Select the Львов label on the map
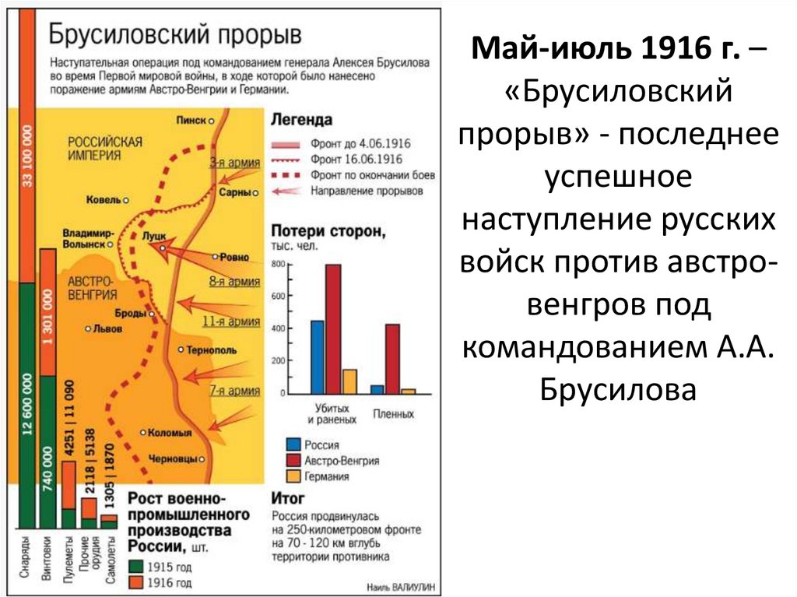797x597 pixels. (x=102, y=328)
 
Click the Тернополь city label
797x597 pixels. (x=211, y=350)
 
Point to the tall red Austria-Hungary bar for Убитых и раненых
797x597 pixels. (x=333, y=328)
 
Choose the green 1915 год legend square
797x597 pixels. (x=137, y=567)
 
